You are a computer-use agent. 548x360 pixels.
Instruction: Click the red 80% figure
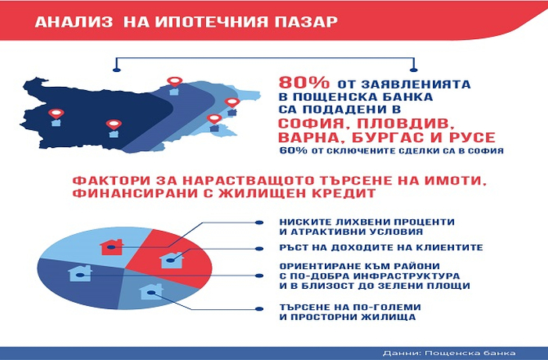304,83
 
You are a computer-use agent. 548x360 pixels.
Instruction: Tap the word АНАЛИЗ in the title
74,22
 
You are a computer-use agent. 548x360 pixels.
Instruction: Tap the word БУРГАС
383,138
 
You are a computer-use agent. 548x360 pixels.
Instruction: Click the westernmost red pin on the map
56,113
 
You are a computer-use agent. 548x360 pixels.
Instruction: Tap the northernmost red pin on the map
174,81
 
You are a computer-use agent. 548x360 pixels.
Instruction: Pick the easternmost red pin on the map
232,103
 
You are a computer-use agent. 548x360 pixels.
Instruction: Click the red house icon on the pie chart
111,247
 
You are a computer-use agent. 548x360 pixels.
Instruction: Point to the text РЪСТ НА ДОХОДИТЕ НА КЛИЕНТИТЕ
381,247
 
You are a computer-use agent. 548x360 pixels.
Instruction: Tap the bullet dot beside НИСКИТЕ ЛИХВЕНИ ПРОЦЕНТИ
259,222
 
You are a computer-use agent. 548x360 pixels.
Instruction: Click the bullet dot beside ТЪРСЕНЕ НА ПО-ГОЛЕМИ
259,309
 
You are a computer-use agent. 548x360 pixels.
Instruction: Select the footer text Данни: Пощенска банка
449,353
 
